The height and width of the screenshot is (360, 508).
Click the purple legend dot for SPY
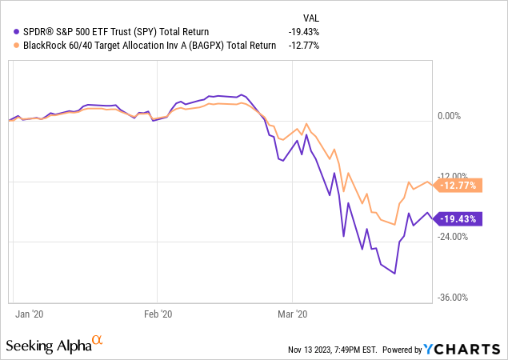pyautogui.click(x=9, y=32)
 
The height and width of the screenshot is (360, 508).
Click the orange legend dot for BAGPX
pyautogui.click(x=9, y=46)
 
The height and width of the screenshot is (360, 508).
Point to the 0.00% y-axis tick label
pyautogui.click(x=456, y=116)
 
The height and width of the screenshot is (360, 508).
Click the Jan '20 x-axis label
pyautogui.click(x=29, y=314)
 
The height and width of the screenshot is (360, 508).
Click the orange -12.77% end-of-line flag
pyautogui.click(x=458, y=186)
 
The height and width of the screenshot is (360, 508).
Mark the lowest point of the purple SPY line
pyautogui.click(x=394, y=274)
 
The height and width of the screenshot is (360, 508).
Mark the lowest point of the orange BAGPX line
pyautogui.click(x=394, y=225)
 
